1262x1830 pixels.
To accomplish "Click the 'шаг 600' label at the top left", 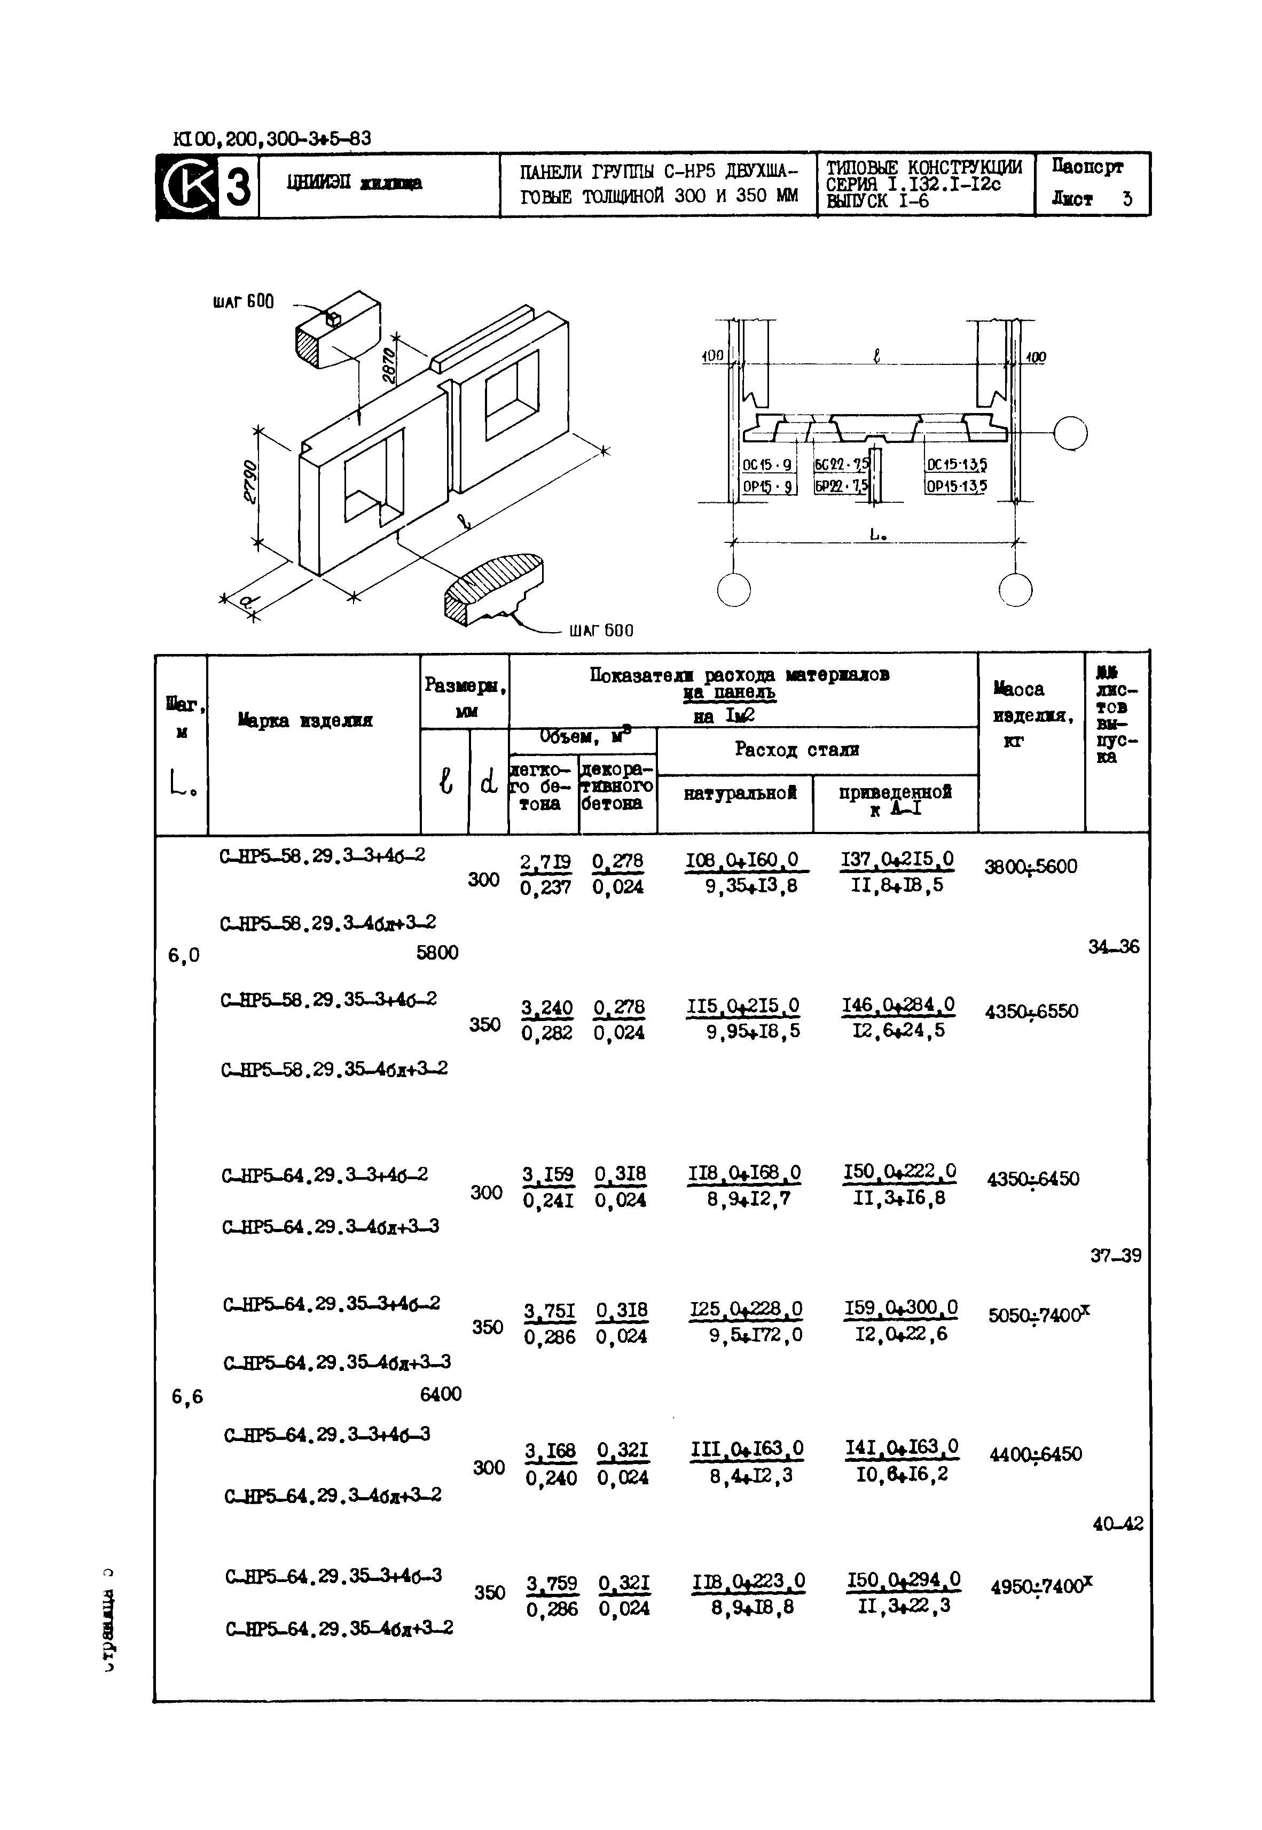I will coord(243,301).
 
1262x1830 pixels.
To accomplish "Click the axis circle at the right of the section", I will coord(1071,433).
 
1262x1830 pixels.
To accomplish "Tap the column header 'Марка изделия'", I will coord(304,720).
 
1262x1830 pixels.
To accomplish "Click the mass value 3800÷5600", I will coord(1030,867).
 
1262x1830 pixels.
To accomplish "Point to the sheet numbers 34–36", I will coord(1114,947).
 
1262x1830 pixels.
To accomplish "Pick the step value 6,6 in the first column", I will coord(187,1397).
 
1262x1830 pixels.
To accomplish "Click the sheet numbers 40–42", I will coord(1117,1523).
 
